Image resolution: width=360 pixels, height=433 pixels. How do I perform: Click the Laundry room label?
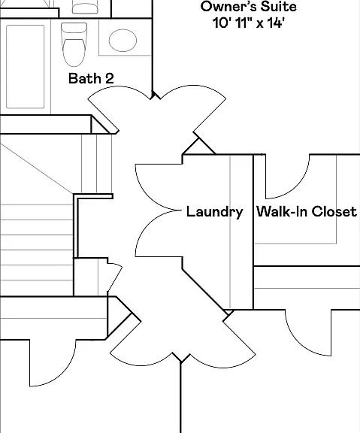point(214,212)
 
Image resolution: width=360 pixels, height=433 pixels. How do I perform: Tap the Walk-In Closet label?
point(307,211)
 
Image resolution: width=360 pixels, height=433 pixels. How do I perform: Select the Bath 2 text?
point(91,78)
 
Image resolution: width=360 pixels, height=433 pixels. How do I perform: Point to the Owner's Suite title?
point(249,7)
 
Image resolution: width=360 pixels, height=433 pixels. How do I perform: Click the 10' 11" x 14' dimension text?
point(248,23)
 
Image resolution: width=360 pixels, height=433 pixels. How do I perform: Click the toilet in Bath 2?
point(74,44)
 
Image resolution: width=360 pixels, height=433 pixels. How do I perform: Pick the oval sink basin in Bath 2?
point(123,41)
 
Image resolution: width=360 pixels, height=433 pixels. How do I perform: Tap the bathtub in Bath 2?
point(26,67)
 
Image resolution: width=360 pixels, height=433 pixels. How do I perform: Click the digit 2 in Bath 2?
point(110,78)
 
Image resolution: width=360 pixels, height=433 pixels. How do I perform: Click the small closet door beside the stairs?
point(115,278)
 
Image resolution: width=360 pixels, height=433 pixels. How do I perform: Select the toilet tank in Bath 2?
point(74,28)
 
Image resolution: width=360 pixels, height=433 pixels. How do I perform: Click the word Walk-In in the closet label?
point(282,211)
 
